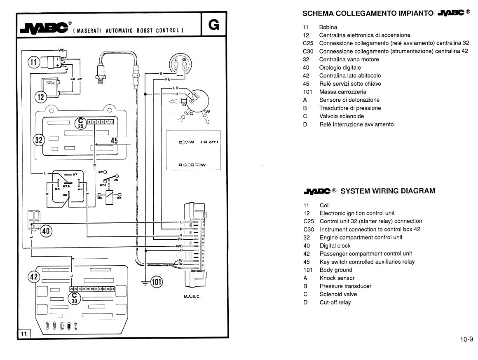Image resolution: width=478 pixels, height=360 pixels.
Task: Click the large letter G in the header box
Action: (x=214, y=25)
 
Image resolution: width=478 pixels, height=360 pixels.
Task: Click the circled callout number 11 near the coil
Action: (x=33, y=62)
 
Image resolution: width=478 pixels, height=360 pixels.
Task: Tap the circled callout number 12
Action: (x=40, y=97)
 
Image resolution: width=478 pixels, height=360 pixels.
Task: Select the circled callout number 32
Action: (x=39, y=140)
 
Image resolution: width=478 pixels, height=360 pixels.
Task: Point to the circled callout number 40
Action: (x=46, y=231)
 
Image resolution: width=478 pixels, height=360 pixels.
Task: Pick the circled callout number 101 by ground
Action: (x=157, y=282)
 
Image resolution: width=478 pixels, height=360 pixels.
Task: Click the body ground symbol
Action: (x=145, y=282)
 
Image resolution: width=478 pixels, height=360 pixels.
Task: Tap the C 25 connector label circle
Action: (x=81, y=123)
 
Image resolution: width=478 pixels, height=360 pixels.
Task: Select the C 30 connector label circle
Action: (x=75, y=298)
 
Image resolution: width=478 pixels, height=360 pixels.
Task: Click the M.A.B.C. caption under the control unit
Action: (x=192, y=296)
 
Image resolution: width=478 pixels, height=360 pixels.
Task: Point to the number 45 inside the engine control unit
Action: (x=114, y=140)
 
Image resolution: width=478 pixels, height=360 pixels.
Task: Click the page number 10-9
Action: (x=466, y=339)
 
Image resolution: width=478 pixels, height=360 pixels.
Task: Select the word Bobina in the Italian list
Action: (x=328, y=27)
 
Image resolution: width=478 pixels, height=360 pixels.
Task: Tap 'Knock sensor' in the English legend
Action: (x=337, y=278)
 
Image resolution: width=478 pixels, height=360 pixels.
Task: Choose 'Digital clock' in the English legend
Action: (x=335, y=245)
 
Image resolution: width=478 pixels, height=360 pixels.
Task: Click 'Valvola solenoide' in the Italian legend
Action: (x=342, y=116)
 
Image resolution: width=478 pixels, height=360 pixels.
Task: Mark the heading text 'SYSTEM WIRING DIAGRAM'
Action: (x=388, y=191)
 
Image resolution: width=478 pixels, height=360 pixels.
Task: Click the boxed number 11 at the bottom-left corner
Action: (x=23, y=334)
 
